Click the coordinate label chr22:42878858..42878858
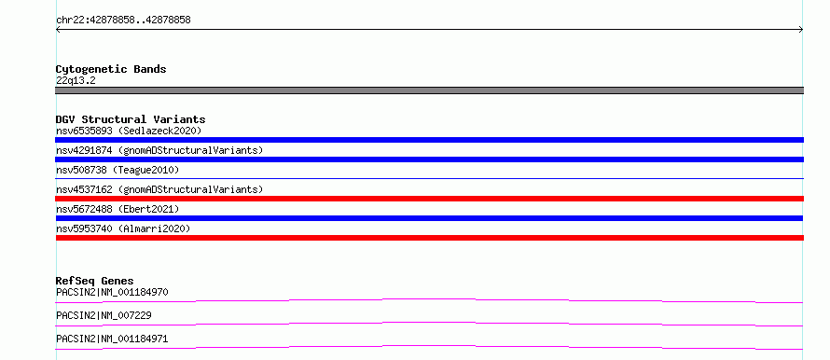tap(123, 21)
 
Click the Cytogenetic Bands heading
tap(111, 69)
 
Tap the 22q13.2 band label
tap(76, 81)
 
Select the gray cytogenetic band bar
tap(429, 90)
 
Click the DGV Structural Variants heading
tap(131, 119)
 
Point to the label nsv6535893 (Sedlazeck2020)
tap(129, 131)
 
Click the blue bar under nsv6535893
tap(429, 140)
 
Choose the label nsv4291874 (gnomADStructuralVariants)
tap(159, 150)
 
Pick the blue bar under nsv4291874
tap(429, 159)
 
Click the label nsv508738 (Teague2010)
tap(118, 170)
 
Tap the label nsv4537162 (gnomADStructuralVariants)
tap(159, 189)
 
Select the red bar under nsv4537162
tap(429, 199)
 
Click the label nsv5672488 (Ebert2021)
tap(118, 209)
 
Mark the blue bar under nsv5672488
tap(429, 218)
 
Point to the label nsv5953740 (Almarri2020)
tap(123, 228)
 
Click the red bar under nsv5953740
tap(429, 238)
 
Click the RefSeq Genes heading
tap(95, 281)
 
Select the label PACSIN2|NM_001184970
tap(112, 292)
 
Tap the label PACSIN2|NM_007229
tap(104, 315)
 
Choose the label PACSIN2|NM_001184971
tap(112, 339)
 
